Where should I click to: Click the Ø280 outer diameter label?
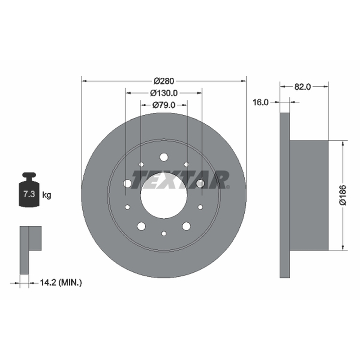pos(164,81)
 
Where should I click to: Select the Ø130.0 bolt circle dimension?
pos(164,93)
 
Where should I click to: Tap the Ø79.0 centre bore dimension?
pos(164,105)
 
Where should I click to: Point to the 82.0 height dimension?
pos(302,87)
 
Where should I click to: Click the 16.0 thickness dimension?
pos(261,102)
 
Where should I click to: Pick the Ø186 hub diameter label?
pos(342,195)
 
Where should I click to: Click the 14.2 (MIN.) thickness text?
pos(61,283)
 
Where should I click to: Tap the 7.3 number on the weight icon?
pos(29,194)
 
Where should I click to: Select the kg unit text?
pos(47,195)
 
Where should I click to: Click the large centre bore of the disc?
pos(164,195)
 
